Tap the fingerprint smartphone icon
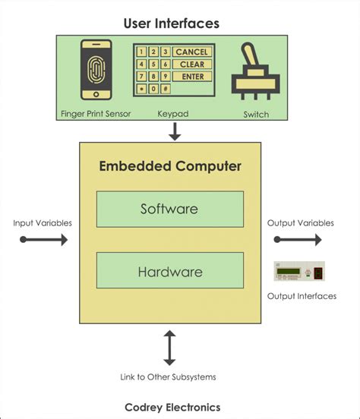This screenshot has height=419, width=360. point(96,70)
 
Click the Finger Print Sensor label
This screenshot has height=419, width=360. point(96,115)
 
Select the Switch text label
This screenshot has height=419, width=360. point(256,115)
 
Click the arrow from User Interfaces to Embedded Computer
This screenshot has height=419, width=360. point(175,131)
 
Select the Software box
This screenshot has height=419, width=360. point(169,209)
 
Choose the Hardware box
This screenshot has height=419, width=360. point(169,270)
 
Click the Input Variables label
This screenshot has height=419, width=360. point(43,223)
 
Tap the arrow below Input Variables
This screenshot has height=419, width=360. point(44,240)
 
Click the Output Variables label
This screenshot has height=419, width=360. point(300,223)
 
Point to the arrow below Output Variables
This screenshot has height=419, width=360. point(298,240)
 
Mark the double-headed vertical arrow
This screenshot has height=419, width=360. point(170,348)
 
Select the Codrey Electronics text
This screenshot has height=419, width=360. point(172,407)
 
